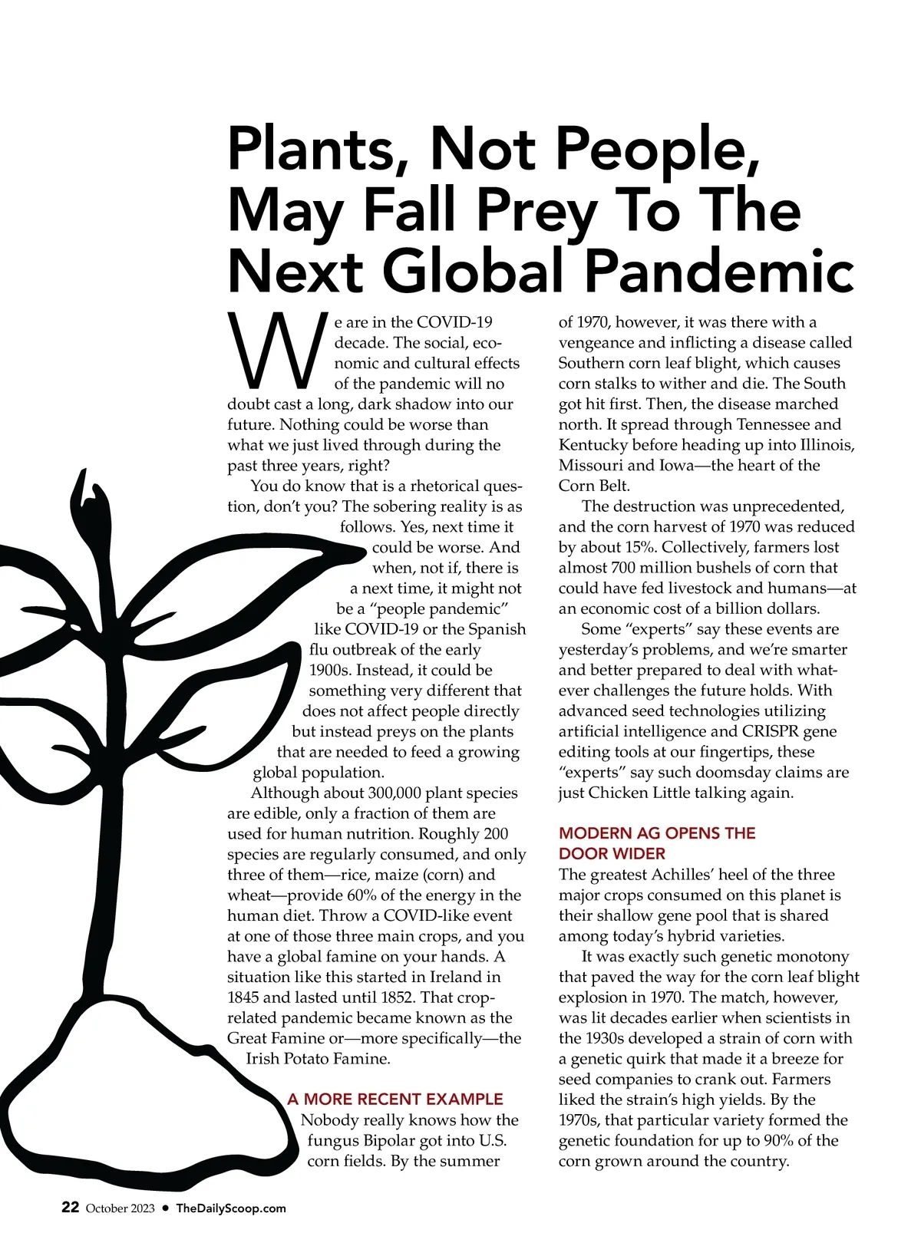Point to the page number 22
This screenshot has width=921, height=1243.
pos(70,1207)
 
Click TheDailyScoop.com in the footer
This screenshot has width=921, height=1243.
pos(231,1208)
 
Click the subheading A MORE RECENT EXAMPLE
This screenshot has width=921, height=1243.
pos(395,1099)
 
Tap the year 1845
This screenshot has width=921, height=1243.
pos(243,997)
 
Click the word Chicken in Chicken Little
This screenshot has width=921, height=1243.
pos(618,793)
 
